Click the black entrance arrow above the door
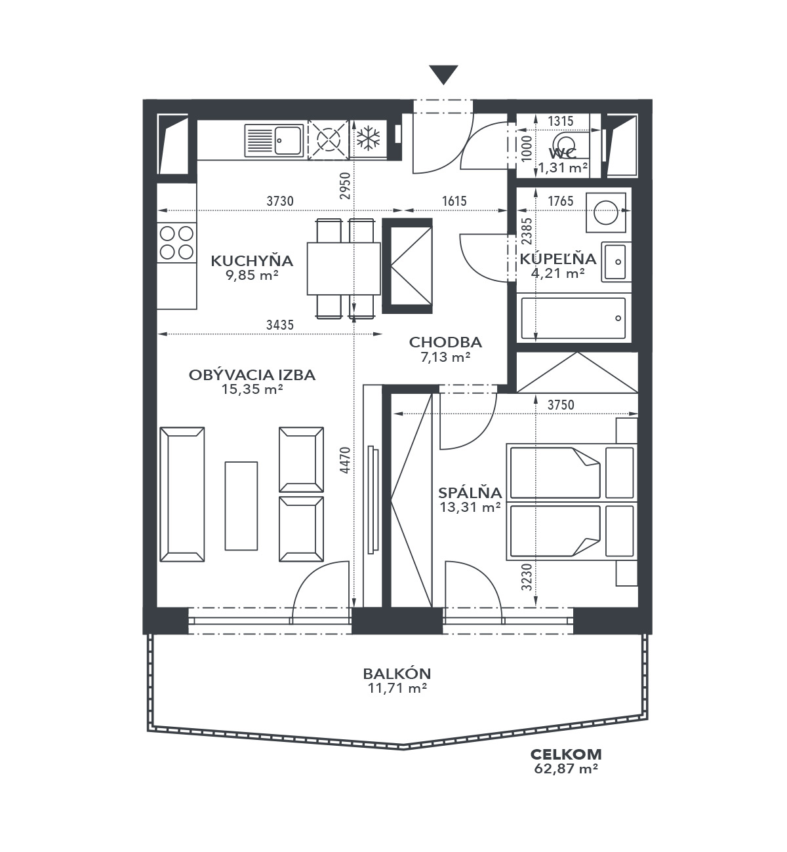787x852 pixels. pos(443,75)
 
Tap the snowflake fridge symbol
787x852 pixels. pos(369,138)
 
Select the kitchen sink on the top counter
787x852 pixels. pos(274,140)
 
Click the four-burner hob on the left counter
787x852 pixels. pos(176,242)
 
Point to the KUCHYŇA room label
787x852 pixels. pos(252,261)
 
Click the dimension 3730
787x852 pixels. pos(280,201)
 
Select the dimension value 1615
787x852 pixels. pos(454,201)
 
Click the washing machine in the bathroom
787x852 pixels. pos(606,212)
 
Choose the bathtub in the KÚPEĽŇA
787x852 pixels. pos(573,318)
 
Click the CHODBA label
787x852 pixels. pos(445,342)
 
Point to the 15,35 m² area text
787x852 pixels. pos(252,389)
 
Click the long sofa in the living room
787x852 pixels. pos(182,494)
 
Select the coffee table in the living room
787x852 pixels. pos(241,506)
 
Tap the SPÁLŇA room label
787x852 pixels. pos(470,492)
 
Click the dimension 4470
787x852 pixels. pos(345,460)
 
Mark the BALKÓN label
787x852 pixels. pos(397,674)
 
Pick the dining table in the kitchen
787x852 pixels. pos(344,269)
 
